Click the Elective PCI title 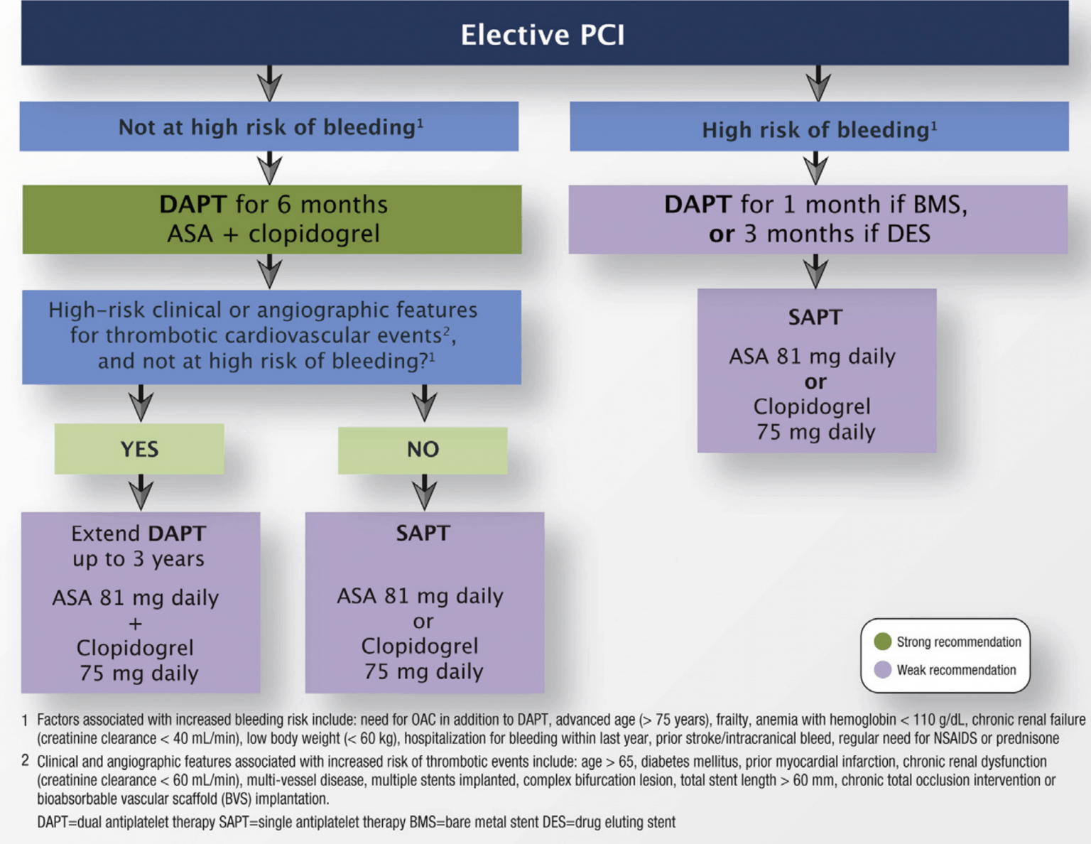[543, 34]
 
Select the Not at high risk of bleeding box [269, 126]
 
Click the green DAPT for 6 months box [272, 219]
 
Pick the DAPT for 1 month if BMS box [818, 219]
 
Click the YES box [139, 449]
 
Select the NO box [423, 450]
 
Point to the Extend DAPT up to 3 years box [140, 602]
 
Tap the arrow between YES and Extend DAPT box [141, 492]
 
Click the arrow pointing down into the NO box [424, 403]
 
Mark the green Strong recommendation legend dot [883, 642]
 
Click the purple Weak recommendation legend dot [883, 669]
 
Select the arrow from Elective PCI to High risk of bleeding [818, 83]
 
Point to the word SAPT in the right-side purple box [815, 317]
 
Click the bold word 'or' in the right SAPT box [815, 382]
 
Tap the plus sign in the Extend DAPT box [135, 624]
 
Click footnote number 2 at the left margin [25, 761]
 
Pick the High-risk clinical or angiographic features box [271, 336]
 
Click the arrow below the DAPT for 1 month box [815, 271]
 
